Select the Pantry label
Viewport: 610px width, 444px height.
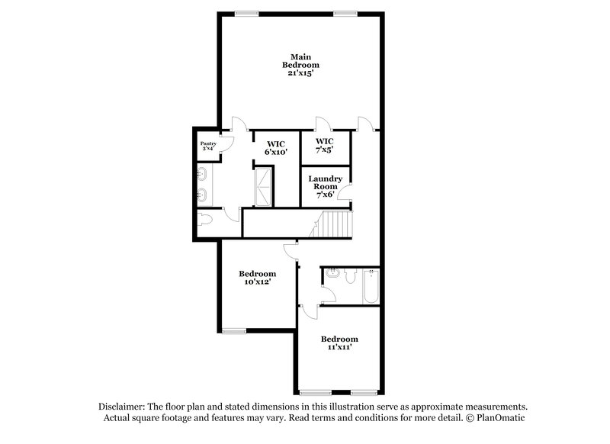pyautogui.click(x=207, y=143)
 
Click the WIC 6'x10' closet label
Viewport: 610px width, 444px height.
pyautogui.click(x=275, y=146)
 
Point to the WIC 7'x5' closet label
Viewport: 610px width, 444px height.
pyautogui.click(x=325, y=146)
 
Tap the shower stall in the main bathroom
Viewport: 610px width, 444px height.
pyautogui.click(x=263, y=187)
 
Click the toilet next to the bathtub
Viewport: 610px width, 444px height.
pyautogui.click(x=349, y=277)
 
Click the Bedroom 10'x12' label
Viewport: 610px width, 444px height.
pyautogui.click(x=257, y=278)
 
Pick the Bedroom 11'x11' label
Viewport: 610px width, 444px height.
pyautogui.click(x=339, y=343)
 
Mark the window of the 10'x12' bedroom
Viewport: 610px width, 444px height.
pyautogui.click(x=235, y=330)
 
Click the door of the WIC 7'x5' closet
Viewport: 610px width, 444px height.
pyautogui.click(x=323, y=125)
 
